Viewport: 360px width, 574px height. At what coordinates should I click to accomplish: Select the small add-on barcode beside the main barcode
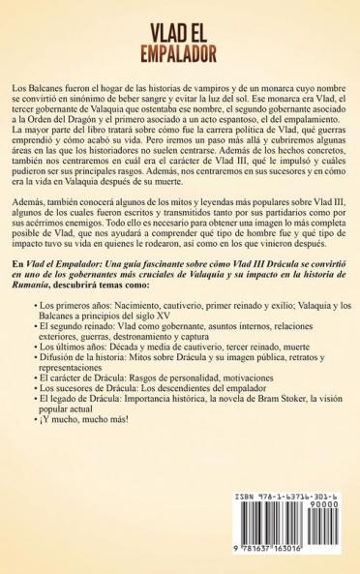(325, 537)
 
